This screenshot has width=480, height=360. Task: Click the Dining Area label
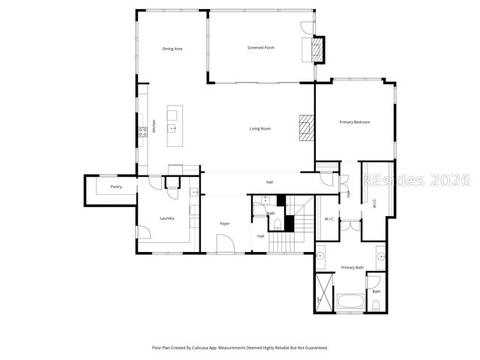pyautogui.click(x=172, y=49)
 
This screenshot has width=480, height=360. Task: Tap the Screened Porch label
pyautogui.click(x=261, y=48)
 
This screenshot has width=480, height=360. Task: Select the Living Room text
pyautogui.click(x=260, y=129)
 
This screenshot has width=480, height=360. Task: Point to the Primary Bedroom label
pyautogui.click(x=355, y=122)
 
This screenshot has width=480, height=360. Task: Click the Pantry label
pyautogui.click(x=116, y=187)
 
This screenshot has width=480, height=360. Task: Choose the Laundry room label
pyautogui.click(x=166, y=219)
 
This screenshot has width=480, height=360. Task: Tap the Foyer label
pyautogui.click(x=224, y=224)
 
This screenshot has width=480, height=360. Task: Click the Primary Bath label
pyautogui.click(x=352, y=268)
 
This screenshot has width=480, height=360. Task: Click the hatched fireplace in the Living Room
pyautogui.click(x=305, y=127)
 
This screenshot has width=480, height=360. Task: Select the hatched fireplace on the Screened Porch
pyautogui.click(x=318, y=49)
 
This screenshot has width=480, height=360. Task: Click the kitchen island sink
pyautogui.click(x=173, y=128)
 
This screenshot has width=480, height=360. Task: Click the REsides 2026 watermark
pyautogui.click(x=416, y=181)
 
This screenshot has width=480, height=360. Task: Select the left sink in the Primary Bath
pyautogui.click(x=320, y=256)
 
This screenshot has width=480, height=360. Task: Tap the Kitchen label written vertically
pyautogui.click(x=154, y=127)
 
